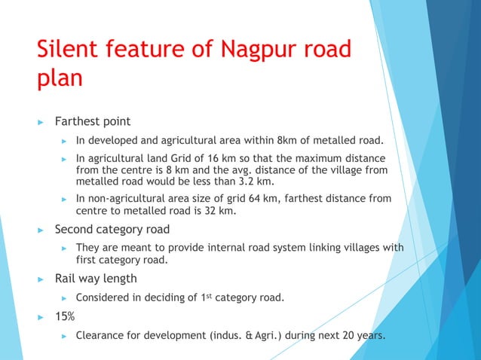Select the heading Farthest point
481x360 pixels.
coord(93,121)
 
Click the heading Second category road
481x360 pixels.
coord(112,229)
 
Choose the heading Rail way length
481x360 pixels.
coord(96,279)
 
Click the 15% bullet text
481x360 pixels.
coord(65,316)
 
